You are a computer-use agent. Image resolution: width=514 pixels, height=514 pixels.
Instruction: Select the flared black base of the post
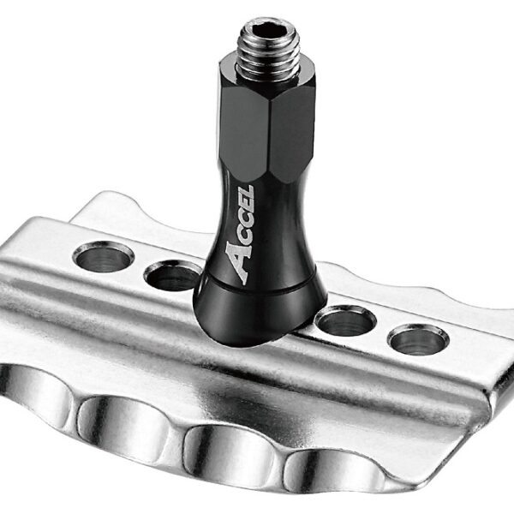tap(256, 313)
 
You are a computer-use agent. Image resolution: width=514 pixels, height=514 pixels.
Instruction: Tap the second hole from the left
tap(171, 276)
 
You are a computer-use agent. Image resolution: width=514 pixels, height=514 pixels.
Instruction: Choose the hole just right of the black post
tap(344, 321)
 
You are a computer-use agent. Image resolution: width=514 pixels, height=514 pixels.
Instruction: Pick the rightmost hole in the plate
tap(417, 338)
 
